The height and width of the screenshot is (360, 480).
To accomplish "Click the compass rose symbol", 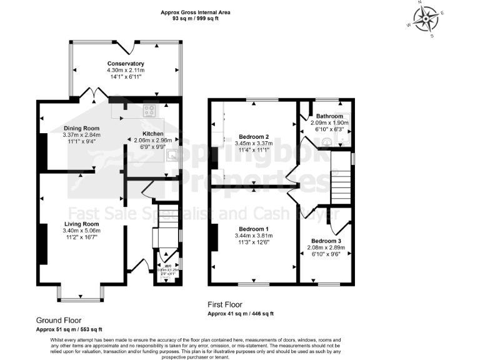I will [x=426, y=19].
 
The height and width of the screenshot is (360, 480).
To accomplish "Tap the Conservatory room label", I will [x=126, y=64].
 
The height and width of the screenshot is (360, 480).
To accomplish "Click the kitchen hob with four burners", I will [x=150, y=111].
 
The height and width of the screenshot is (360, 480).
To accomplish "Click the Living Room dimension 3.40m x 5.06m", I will [x=81, y=231].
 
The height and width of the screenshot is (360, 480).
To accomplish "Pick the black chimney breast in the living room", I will [x=43, y=242].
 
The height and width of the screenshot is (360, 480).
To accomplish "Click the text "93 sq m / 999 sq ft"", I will [x=195, y=19].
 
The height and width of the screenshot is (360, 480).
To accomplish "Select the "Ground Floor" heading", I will [x=59, y=320].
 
